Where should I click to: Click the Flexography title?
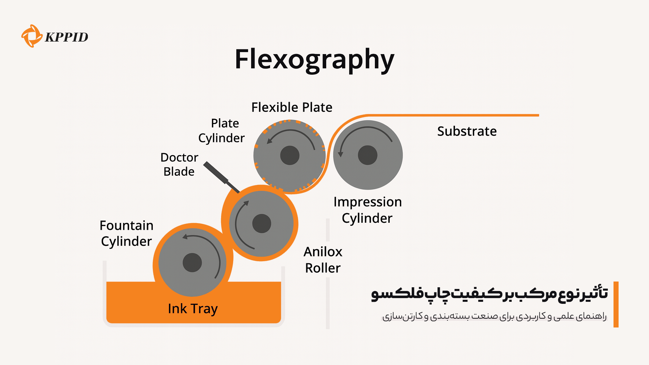pos(314,59)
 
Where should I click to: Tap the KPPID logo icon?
pos(31,36)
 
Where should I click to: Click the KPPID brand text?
pos(67,37)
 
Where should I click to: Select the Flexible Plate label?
pos(292,107)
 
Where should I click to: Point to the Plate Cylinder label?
pos(222,130)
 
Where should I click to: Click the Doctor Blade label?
pos(179,164)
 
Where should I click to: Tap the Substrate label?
pos(467,131)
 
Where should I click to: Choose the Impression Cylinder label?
pos(367,210)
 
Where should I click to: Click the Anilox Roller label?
pos(323,260)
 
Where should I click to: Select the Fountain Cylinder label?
pos(126,233)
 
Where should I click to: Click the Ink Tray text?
pos(193,309)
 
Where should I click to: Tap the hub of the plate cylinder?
pos(290,155)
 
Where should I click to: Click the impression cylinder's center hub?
pos(367,155)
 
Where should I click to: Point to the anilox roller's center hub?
pos(262,223)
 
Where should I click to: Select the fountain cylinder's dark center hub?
pos(192,263)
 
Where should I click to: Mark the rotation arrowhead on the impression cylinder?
pos(341,154)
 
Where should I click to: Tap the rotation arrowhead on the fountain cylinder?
pos(185,237)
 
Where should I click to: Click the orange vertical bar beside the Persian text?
pos(616,304)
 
